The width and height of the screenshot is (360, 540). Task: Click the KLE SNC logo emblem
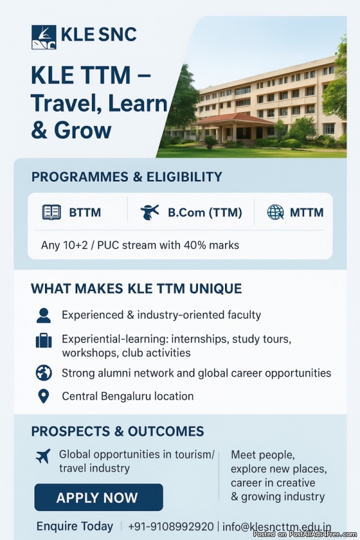click(44, 37)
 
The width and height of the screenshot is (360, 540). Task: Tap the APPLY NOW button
click(98, 497)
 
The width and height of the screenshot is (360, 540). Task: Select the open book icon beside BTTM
click(52, 212)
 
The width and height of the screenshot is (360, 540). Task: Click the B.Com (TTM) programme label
click(205, 212)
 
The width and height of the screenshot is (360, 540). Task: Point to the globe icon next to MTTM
click(275, 212)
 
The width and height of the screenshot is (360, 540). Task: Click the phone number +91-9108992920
click(171, 527)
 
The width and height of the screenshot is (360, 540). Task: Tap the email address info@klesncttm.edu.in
click(277, 527)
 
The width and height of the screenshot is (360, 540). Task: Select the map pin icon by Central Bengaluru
click(43, 396)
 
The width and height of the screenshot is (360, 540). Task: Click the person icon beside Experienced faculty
click(44, 315)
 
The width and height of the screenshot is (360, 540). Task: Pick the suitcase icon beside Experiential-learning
click(44, 340)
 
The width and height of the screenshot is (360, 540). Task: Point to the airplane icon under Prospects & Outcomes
click(43, 456)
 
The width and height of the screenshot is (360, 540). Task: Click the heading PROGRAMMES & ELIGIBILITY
click(127, 176)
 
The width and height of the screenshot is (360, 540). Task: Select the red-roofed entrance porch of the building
click(233, 127)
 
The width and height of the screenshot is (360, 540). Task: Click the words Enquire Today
click(75, 526)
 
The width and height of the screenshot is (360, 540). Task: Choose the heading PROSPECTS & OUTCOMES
click(118, 431)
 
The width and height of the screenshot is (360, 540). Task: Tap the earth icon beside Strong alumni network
click(44, 373)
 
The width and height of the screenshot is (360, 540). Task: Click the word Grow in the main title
click(83, 131)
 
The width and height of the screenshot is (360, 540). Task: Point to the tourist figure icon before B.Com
click(149, 212)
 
